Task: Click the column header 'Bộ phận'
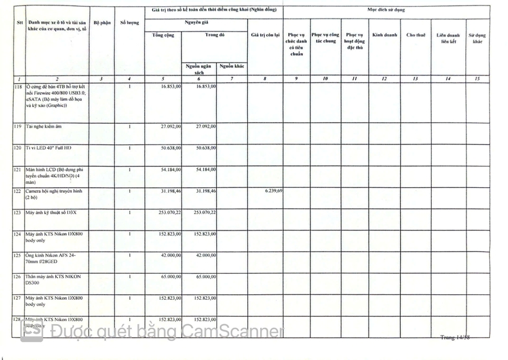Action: (x=102, y=23)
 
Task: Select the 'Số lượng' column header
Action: (x=129, y=23)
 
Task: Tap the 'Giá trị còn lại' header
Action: (x=266, y=35)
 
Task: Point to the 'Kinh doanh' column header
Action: (x=384, y=35)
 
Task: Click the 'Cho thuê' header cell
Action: (x=416, y=35)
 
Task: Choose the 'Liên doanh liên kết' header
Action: (x=449, y=38)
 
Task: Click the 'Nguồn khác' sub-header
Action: (x=232, y=66)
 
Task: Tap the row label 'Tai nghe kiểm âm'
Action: (x=44, y=127)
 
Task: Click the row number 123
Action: (x=17, y=213)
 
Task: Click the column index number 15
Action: (x=477, y=79)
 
